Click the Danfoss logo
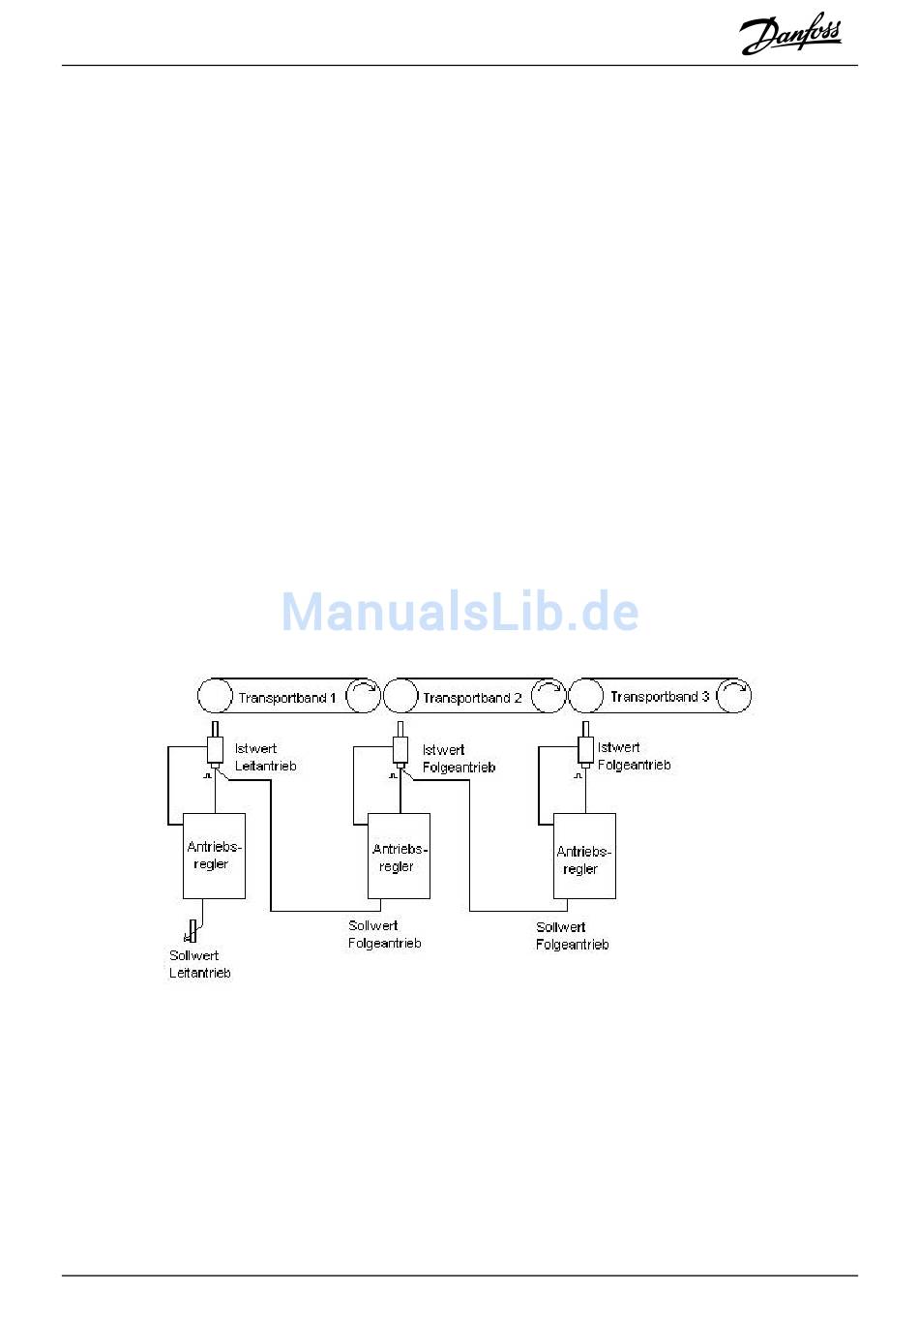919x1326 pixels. (790, 36)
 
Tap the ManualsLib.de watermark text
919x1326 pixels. (459, 612)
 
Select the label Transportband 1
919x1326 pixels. (287, 697)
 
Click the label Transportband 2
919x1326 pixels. (472, 697)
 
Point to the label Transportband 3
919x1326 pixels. (660, 696)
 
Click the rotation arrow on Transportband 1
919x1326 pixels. (363, 696)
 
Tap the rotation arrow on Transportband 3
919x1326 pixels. (734, 695)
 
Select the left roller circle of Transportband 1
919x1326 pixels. (214, 696)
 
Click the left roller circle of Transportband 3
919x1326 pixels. (585, 695)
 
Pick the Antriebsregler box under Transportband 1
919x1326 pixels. (214, 856)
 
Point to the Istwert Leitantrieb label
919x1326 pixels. (265, 757)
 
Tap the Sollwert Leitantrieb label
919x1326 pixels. (200, 964)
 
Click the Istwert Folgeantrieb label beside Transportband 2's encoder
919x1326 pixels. (459, 758)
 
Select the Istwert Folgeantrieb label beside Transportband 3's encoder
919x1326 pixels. (634, 756)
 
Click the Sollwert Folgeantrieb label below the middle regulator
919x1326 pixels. (384, 934)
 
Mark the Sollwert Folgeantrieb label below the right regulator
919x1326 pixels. (572, 935)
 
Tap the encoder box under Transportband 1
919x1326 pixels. (215, 750)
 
